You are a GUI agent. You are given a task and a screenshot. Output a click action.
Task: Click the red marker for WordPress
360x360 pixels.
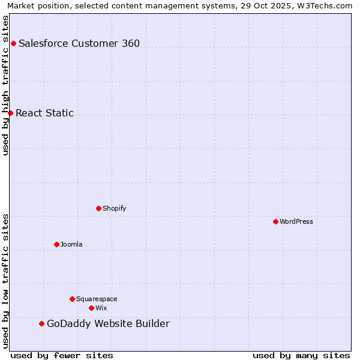point(275,221)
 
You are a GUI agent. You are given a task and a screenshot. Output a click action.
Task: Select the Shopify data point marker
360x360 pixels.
point(98,208)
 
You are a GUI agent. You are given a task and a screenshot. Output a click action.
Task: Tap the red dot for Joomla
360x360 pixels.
point(56,244)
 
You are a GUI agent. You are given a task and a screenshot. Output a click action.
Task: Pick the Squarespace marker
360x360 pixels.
point(72,299)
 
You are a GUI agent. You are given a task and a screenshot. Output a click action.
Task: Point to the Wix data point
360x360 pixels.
point(91,308)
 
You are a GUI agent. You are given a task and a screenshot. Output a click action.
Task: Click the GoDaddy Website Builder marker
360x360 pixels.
point(41,323)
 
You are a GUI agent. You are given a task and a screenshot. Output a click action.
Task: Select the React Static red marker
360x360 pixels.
point(10,113)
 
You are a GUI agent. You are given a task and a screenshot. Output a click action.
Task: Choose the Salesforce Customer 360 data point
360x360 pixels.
point(13,43)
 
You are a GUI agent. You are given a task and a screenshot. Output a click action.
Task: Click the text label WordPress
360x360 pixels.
point(296,221)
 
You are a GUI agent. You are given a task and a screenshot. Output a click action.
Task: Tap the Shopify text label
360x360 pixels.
point(114,208)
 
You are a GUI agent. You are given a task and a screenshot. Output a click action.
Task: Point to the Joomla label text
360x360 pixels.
point(71,244)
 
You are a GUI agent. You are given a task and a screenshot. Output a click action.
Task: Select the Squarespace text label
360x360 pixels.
point(97,299)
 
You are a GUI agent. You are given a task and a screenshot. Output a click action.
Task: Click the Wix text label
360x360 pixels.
point(101,308)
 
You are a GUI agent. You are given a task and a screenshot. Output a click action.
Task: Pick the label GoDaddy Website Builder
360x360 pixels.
point(108,324)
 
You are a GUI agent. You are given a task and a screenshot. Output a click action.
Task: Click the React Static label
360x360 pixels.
point(44,113)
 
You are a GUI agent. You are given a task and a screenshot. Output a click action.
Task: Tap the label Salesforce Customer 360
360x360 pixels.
point(79,43)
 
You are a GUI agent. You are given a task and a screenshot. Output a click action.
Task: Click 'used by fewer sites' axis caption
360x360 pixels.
point(62,355)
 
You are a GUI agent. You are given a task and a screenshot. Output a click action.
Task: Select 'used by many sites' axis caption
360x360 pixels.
point(301,355)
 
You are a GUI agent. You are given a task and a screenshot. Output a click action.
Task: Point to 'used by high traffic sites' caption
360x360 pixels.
point(5,85)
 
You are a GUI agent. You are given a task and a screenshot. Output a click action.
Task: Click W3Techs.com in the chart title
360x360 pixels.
point(325,5)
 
